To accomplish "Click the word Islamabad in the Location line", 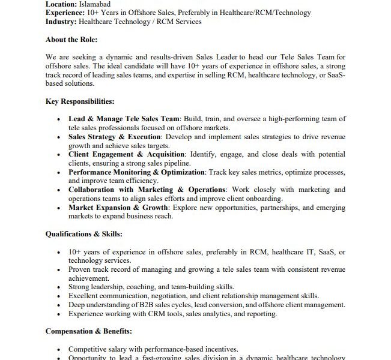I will point(94,4).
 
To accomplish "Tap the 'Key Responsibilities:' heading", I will point(80,101).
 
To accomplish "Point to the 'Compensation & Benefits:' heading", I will point(88,331).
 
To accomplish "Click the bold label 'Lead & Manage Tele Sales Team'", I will point(124,119).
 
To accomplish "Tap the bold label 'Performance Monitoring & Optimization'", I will point(137,172).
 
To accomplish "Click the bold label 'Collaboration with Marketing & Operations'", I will point(146,190).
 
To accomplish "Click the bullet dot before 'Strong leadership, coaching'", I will point(58,287).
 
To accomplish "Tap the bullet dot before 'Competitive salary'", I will point(58,349).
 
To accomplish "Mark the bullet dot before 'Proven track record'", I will point(58,270).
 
